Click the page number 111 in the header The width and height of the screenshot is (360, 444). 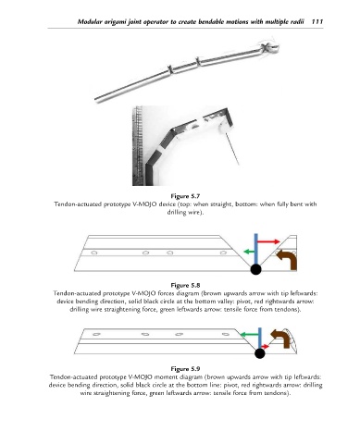pos(317,21)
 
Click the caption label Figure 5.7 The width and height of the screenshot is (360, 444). pos(185,196)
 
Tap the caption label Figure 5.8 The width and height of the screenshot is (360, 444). pos(185,285)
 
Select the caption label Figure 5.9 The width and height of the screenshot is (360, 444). pos(185,369)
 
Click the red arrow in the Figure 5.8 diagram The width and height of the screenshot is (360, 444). pos(268,241)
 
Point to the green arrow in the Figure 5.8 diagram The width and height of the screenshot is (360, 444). pos(249,252)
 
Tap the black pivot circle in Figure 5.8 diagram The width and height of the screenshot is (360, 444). pos(255,269)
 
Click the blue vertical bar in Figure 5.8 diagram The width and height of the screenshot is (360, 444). pos(255,249)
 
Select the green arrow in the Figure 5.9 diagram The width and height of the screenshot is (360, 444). pos(249,335)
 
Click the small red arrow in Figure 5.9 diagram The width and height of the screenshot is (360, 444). pos(266,347)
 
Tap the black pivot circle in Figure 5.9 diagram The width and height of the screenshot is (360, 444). pos(260,353)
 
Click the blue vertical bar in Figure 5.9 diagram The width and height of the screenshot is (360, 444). pos(260,339)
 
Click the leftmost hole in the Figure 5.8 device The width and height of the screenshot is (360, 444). pos(94,253)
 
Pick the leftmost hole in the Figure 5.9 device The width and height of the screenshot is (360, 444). pos(96,334)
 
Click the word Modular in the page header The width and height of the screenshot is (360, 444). pos(88,21)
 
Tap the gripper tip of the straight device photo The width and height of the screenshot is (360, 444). pos(269,47)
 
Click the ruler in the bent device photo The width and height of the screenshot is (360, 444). pos(138,145)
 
